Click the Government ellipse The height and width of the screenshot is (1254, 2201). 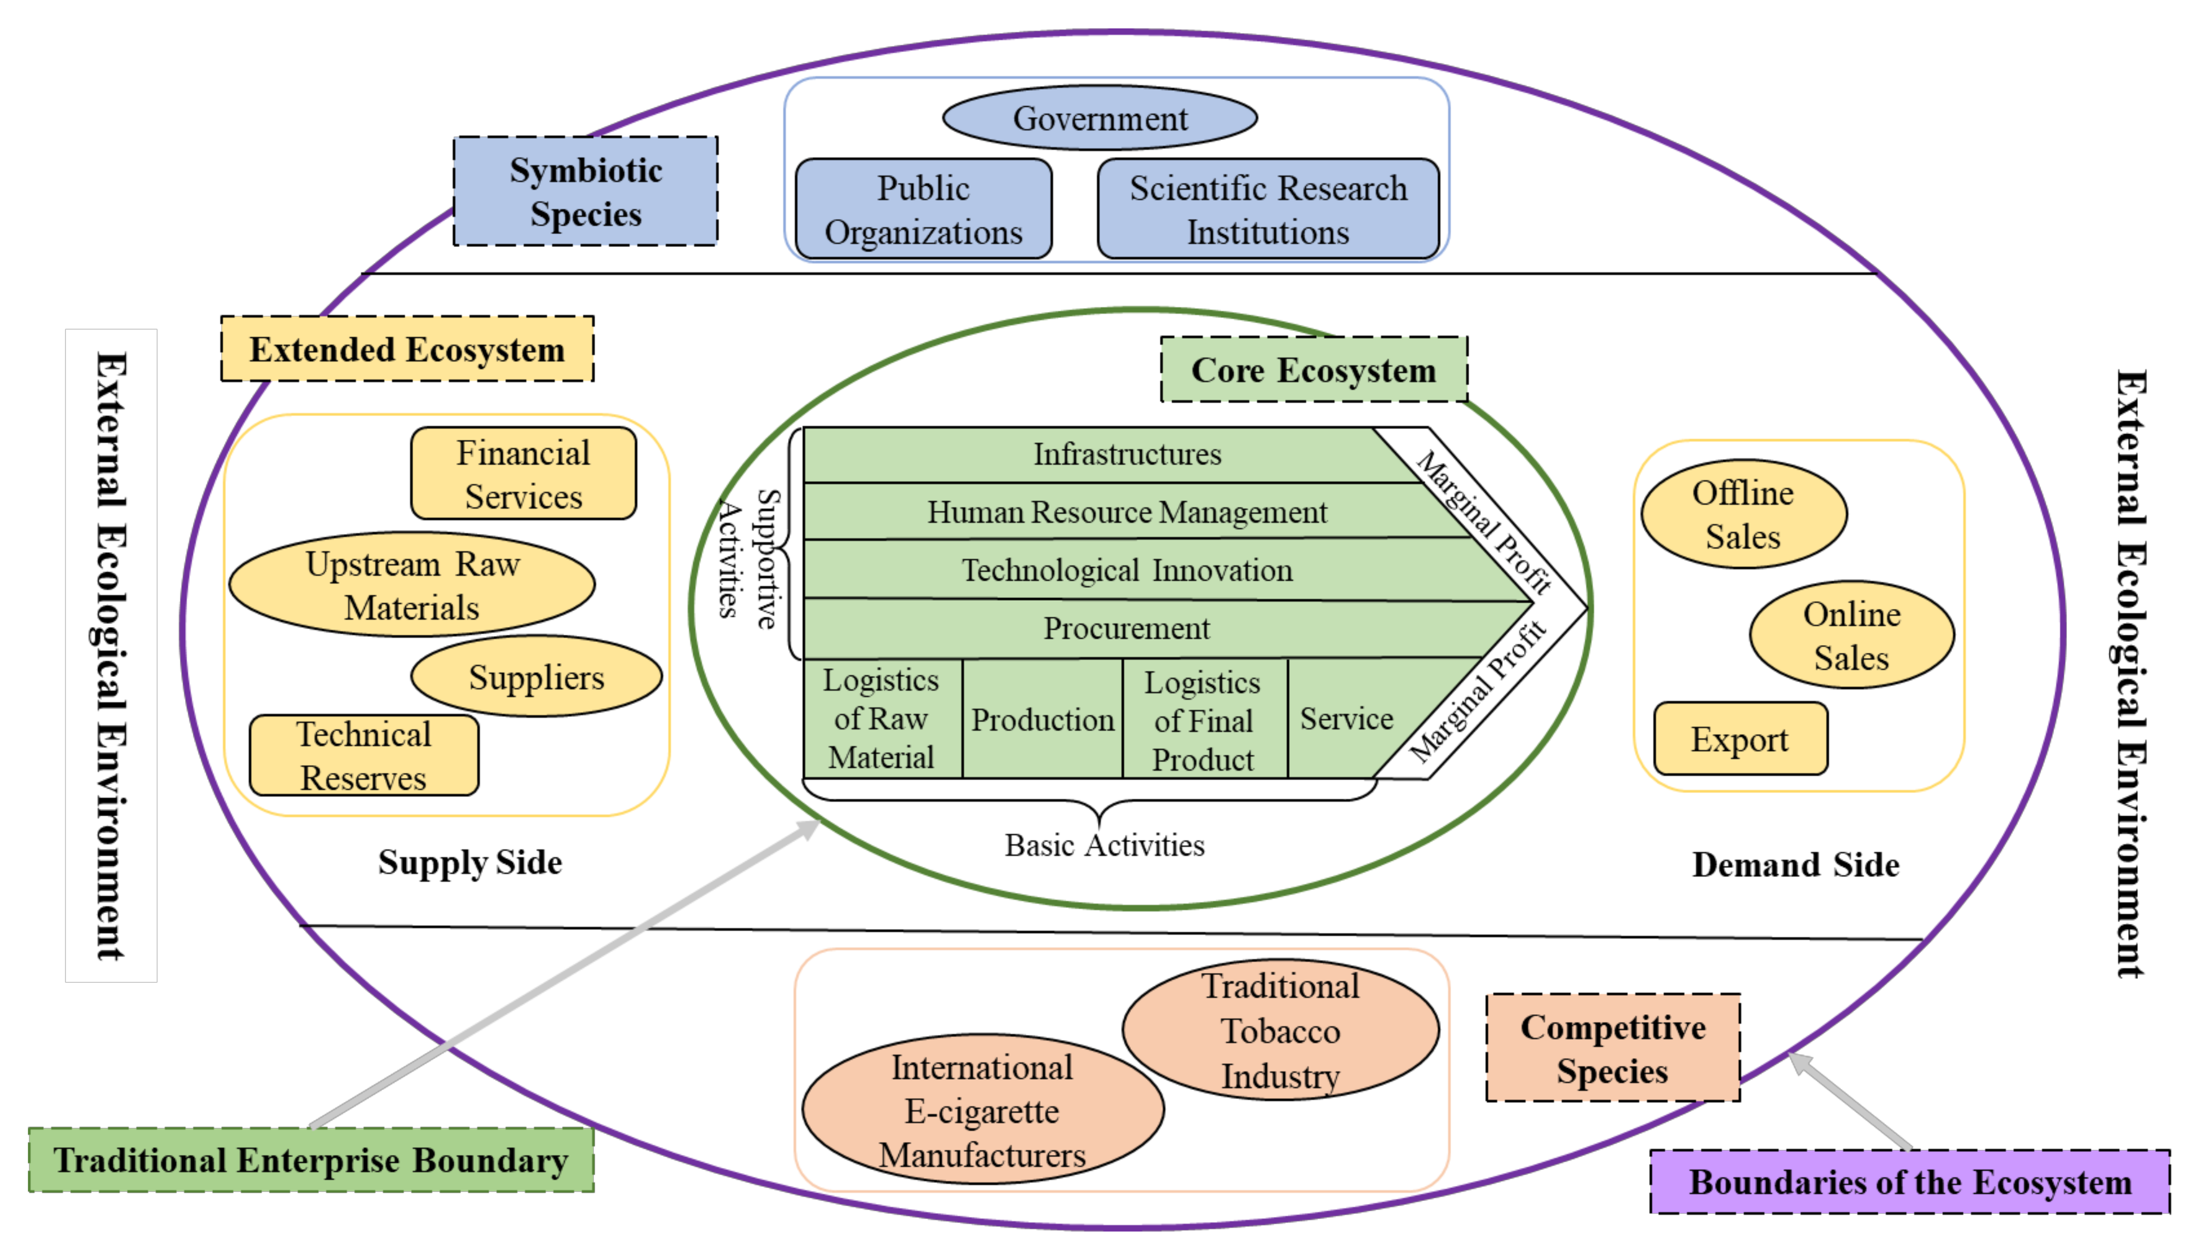[x=1099, y=118]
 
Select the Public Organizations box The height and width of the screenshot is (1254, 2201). [x=923, y=209]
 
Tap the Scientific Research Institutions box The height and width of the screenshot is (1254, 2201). [x=1268, y=209]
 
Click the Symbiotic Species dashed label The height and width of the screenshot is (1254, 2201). [x=585, y=191]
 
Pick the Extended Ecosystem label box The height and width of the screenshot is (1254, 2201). [x=407, y=349]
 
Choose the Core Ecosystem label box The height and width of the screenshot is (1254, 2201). [x=1313, y=370]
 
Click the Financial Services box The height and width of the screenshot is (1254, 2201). [x=523, y=474]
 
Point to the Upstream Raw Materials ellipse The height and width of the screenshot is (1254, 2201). [x=412, y=585]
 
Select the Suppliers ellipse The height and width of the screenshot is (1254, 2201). [x=536, y=677]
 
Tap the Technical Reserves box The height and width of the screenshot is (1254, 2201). [x=364, y=755]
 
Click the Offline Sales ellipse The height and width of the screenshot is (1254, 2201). [x=1743, y=514]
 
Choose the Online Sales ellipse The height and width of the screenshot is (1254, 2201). [x=1851, y=636]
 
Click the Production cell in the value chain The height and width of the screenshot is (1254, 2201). [x=1042, y=719]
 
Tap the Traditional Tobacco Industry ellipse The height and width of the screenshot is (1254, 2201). [x=1280, y=1030]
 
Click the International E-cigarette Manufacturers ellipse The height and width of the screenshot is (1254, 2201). [x=982, y=1110]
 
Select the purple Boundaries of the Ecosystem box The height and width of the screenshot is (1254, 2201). [x=1909, y=1182]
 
